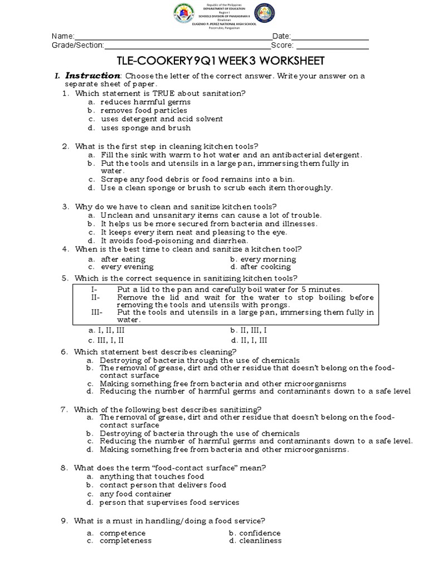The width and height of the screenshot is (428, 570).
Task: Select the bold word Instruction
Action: (93, 76)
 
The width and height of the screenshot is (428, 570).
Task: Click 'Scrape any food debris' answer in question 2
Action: (197, 179)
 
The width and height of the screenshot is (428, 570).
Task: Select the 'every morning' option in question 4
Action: (268, 259)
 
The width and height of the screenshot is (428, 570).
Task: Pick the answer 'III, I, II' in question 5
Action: (112, 340)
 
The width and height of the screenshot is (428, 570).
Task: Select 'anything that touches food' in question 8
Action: (152, 476)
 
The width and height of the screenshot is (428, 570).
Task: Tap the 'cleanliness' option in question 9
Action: (260, 540)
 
